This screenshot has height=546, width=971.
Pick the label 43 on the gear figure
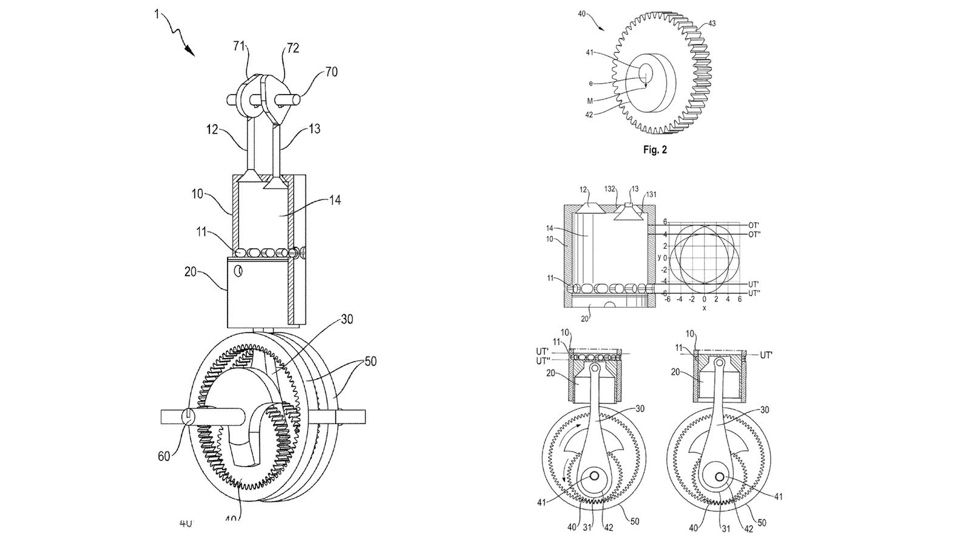pyautogui.click(x=711, y=24)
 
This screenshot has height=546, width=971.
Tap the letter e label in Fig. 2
pyautogui.click(x=590, y=83)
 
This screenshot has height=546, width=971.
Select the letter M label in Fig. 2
pyautogui.click(x=590, y=100)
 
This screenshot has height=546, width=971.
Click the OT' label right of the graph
pyautogui.click(x=754, y=225)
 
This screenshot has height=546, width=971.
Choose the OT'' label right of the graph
pyautogui.click(x=755, y=235)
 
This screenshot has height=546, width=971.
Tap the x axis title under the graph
pyautogui.click(x=704, y=308)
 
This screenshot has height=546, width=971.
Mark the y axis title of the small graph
pyautogui.click(x=659, y=258)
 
